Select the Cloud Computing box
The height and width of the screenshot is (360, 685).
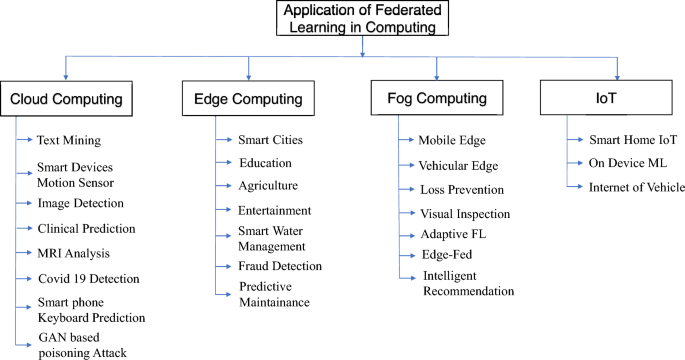pos(66,99)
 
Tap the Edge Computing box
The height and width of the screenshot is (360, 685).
pos(248,99)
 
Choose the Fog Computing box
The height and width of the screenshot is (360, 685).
pos(436,99)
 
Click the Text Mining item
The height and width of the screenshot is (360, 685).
pos(69,140)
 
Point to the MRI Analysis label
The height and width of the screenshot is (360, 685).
pos(73,252)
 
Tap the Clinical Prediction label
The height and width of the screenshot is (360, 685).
pos(86,228)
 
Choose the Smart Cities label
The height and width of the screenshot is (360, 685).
pos(270,140)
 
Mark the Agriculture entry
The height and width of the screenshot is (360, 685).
pos(268,185)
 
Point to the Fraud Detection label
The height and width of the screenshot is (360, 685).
pos(280,266)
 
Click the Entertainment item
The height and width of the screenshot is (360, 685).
pos(275,211)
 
